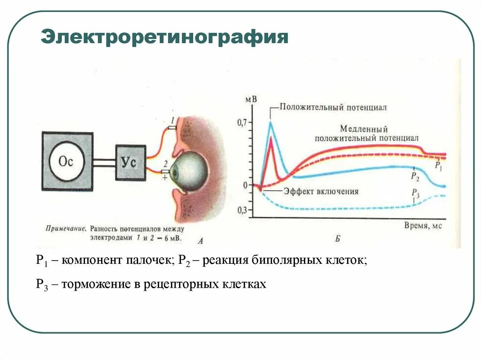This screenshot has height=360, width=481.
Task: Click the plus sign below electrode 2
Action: coord(165,178)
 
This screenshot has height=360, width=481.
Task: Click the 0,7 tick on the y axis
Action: coord(241,123)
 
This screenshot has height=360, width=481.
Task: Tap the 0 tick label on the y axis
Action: coord(245,185)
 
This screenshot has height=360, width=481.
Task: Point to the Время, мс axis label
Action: coord(423,225)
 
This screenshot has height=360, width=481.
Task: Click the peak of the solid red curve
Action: coord(271,138)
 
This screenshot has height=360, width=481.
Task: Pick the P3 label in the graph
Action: coord(415,192)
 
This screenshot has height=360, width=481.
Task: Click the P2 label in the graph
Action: coord(414,176)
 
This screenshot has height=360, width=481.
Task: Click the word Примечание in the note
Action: coord(66,230)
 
